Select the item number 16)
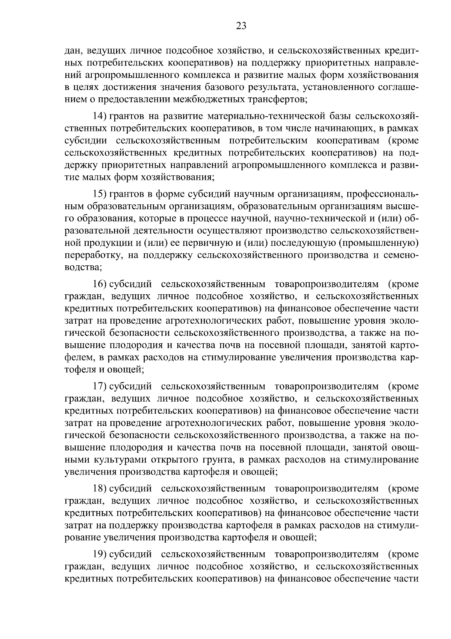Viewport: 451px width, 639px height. [100, 284]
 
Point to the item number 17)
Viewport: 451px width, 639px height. [100, 386]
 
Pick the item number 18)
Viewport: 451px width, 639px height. [100, 488]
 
